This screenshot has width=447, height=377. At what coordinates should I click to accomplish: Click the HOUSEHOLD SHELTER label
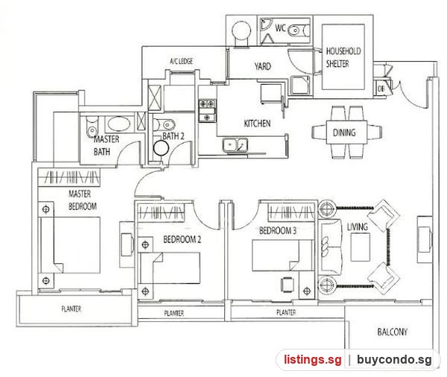(x=343, y=57)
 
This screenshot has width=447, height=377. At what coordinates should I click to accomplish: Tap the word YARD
(x=262, y=66)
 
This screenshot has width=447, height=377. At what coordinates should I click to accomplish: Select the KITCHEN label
(x=257, y=123)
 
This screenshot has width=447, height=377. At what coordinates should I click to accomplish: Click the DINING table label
(x=344, y=132)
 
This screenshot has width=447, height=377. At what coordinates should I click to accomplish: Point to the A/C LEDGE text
(x=181, y=61)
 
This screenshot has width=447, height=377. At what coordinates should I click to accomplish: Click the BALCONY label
(x=393, y=332)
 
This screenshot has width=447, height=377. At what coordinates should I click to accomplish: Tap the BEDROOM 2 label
(x=182, y=239)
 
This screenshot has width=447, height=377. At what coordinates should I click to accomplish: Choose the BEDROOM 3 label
(x=278, y=231)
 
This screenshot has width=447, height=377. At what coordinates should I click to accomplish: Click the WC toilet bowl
(x=299, y=30)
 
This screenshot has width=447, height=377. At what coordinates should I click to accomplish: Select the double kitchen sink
(x=235, y=144)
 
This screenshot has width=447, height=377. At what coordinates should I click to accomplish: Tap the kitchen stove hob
(x=207, y=110)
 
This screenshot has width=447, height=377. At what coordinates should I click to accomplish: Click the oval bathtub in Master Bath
(x=119, y=124)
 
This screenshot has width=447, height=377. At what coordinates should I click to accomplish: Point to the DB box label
(x=381, y=88)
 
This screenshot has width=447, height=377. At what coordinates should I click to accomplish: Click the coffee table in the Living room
(x=361, y=247)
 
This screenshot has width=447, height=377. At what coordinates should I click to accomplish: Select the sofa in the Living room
(x=330, y=247)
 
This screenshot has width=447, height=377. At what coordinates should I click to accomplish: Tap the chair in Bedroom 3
(x=288, y=285)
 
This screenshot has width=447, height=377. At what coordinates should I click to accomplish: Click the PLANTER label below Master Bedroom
(x=72, y=309)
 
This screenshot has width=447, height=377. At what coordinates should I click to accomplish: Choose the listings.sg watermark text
(x=312, y=359)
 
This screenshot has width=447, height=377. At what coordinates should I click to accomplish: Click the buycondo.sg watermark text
(x=394, y=360)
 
